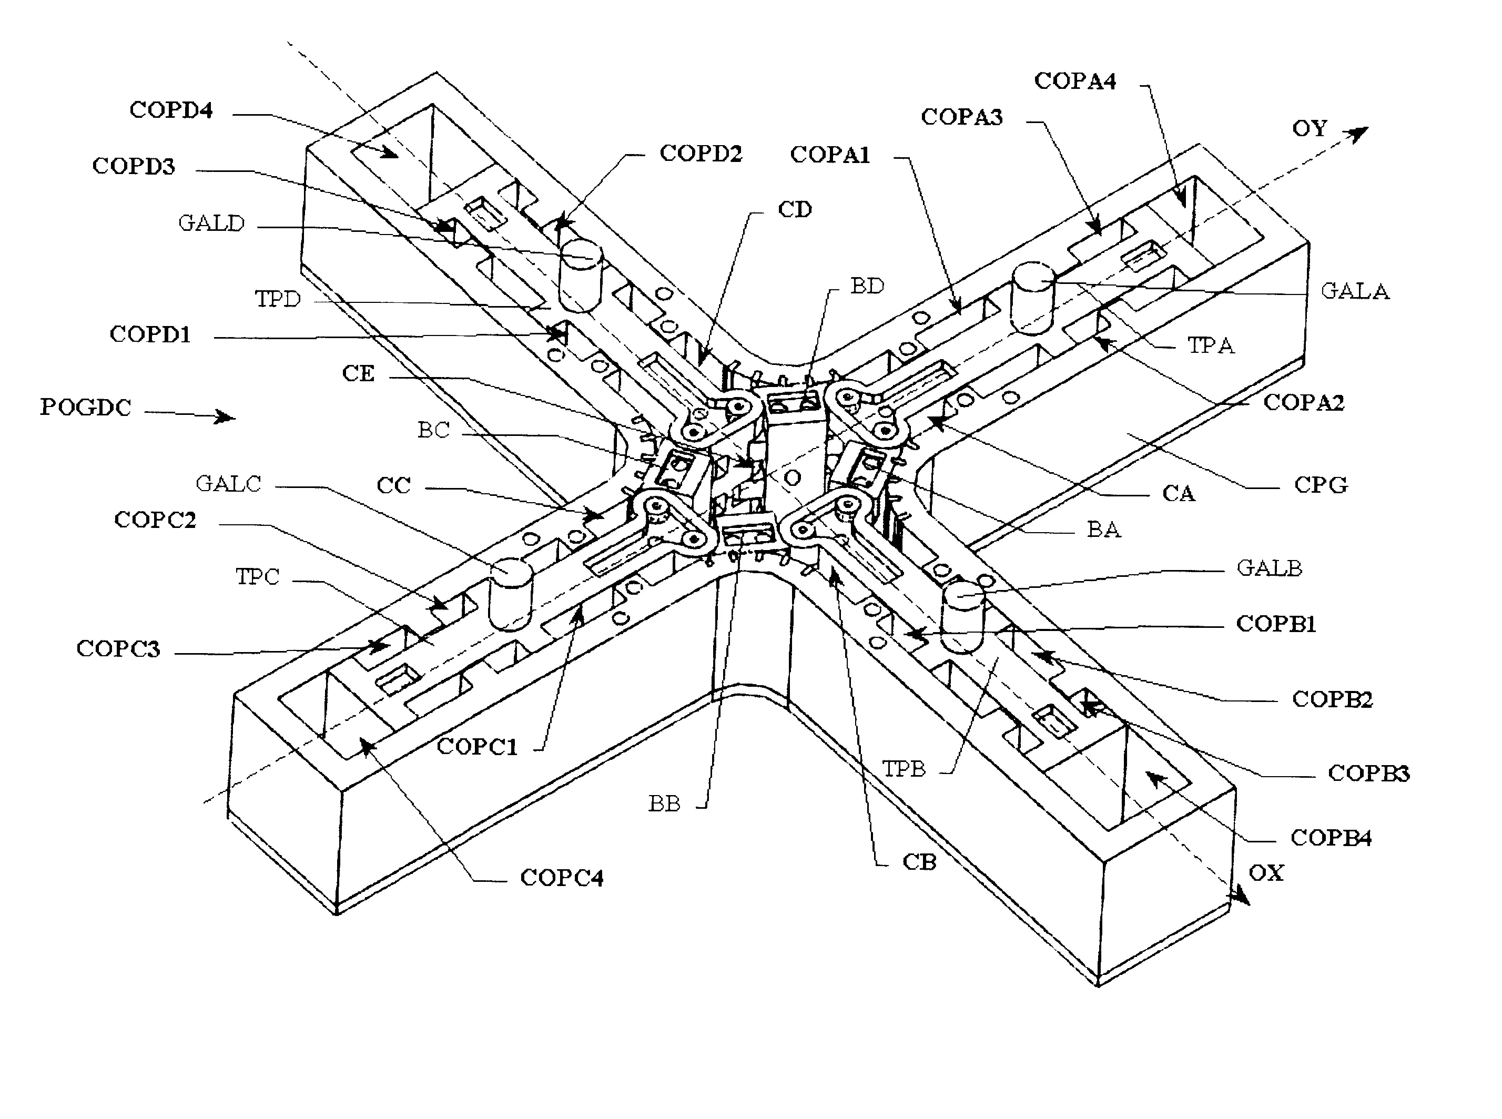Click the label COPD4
click(171, 110)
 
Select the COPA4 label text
click(1074, 80)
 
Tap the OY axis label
click(1309, 128)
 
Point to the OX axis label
click(1265, 872)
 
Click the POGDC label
click(85, 407)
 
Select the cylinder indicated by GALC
click(510, 594)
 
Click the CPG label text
click(1321, 485)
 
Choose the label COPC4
click(561, 878)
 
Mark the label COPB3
click(1368, 773)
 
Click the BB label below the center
click(664, 803)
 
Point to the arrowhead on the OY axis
click(1357, 134)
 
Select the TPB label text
click(903, 769)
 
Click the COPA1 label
click(829, 155)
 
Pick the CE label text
click(358, 373)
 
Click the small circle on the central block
click(791, 478)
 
